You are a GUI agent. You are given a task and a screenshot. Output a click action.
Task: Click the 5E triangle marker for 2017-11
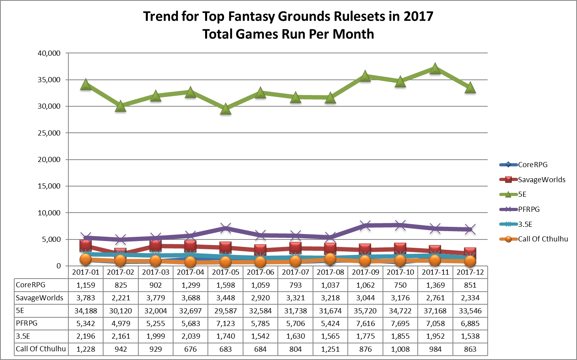click(x=435, y=69)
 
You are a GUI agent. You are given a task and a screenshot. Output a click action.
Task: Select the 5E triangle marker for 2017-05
click(x=225, y=109)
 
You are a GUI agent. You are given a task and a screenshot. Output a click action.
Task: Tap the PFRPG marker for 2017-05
click(x=225, y=228)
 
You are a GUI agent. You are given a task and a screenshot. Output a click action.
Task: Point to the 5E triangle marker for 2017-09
click(x=365, y=76)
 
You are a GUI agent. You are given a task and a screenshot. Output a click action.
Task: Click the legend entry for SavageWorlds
click(x=541, y=179)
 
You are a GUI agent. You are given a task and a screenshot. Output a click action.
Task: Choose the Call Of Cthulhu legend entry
click(x=543, y=239)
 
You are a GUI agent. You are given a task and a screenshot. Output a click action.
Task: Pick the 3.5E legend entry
click(x=525, y=224)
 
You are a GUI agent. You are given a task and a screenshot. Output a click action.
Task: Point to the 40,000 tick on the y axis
click(x=49, y=53)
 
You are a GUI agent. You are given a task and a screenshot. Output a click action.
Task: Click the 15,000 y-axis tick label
click(x=49, y=186)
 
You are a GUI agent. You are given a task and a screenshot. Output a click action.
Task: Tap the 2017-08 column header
click(x=330, y=272)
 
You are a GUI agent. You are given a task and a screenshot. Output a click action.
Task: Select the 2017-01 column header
click(x=86, y=272)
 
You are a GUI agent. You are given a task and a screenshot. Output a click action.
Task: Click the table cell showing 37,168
click(x=435, y=311)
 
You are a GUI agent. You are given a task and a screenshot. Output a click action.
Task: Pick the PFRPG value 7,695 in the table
click(x=400, y=324)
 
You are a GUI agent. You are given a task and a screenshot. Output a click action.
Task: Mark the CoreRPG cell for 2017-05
click(x=225, y=285)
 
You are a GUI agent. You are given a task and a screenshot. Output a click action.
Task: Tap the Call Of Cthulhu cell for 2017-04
click(x=190, y=349)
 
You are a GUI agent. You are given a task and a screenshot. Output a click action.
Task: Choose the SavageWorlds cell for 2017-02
click(x=121, y=298)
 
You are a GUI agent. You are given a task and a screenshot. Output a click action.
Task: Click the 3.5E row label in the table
click(x=23, y=336)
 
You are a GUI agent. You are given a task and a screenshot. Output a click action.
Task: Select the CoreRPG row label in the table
click(x=30, y=285)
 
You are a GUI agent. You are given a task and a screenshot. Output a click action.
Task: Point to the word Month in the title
click(x=353, y=34)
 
